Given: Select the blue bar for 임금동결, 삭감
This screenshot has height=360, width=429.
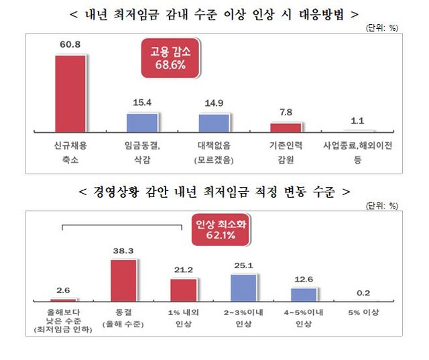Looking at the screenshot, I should pos(142,122).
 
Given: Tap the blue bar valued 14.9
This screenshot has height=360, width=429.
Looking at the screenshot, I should pos(214,122).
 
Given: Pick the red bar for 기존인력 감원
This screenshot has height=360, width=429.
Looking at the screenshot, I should pos(286,127).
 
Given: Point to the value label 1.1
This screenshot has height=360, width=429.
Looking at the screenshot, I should pos(357,121).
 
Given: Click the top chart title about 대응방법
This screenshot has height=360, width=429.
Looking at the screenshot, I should pos(214,13).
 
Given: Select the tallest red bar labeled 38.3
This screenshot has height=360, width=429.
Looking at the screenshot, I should pos(123,272).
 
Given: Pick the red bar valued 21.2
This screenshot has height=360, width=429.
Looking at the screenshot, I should pos(183,290).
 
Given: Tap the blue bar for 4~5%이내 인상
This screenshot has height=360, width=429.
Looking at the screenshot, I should pos(304,295).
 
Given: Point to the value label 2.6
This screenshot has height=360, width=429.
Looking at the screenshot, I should pos(62,290).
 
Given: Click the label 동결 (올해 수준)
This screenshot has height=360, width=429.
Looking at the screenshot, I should pos(123,320).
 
